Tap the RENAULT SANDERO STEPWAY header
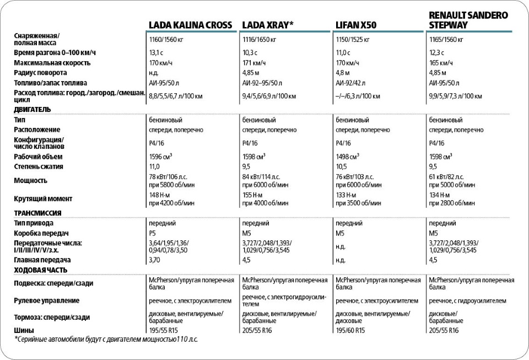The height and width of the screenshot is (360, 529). (x=468, y=20)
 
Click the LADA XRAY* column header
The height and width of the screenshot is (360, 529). (x=268, y=25)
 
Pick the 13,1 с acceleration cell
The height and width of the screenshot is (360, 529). (x=156, y=52)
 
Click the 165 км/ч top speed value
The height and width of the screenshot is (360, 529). (x=441, y=63)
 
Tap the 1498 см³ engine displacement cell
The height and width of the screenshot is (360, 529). (x=348, y=157)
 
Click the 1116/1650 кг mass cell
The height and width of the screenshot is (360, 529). (x=260, y=40)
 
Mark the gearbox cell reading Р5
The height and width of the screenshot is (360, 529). (x=153, y=233)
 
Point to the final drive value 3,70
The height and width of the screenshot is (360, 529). (x=154, y=260)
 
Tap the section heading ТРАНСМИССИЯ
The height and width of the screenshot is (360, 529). (x=37, y=212)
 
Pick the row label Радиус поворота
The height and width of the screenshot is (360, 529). (x=41, y=73)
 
